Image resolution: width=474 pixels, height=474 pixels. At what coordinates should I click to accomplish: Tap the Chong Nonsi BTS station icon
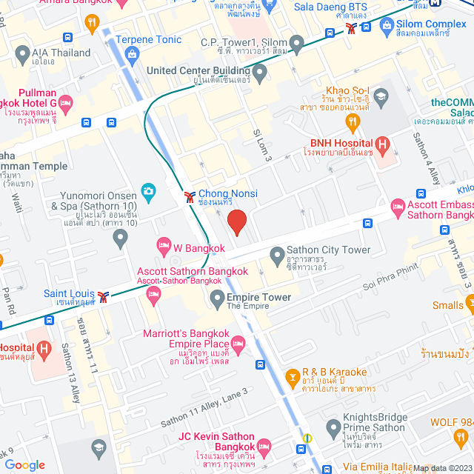pyautogui.click(x=190, y=196)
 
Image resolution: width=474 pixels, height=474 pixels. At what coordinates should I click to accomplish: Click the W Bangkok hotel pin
pyautogui.click(x=164, y=244)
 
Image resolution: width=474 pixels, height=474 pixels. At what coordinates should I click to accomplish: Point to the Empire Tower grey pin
pyautogui.click(x=217, y=299)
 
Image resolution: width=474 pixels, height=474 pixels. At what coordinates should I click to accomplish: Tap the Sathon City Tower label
pyautogui.click(x=328, y=250)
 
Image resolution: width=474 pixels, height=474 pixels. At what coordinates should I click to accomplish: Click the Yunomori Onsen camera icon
pyautogui.click(x=148, y=192)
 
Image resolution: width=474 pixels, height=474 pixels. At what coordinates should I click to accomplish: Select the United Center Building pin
pyautogui.click(x=259, y=72)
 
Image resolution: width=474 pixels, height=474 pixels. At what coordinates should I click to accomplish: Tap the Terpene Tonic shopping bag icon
pyautogui.click(x=133, y=53)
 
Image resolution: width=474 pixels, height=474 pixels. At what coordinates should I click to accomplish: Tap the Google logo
pyautogui.click(x=24, y=464)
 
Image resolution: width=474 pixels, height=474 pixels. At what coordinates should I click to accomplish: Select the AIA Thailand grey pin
pyautogui.click(x=21, y=54)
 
